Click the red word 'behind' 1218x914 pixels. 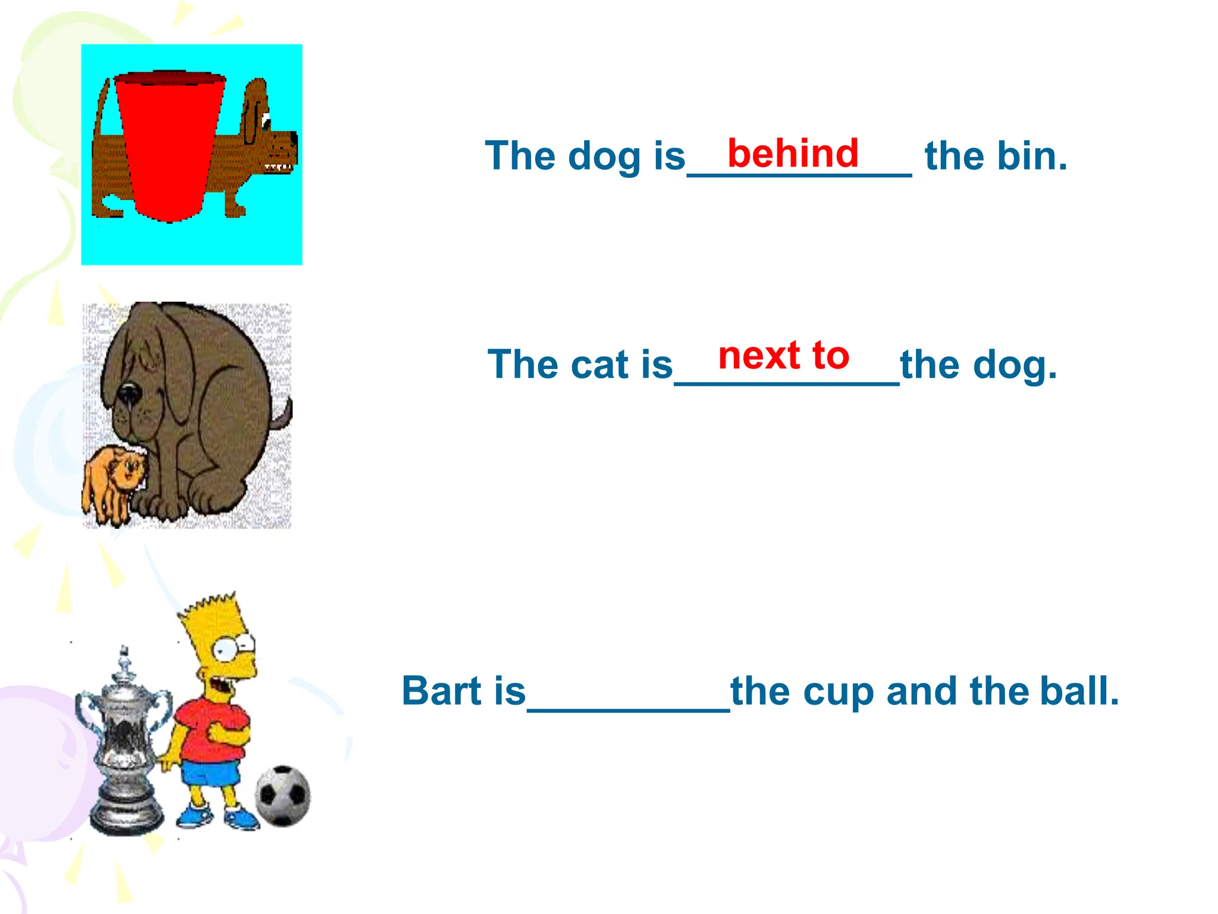(x=793, y=154)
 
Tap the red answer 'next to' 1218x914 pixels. (x=784, y=356)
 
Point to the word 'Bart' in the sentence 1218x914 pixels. (x=441, y=691)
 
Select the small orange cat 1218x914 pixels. (x=116, y=482)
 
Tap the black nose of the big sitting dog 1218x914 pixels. (x=129, y=393)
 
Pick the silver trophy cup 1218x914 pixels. (x=124, y=744)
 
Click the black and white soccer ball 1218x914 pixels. (x=283, y=795)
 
